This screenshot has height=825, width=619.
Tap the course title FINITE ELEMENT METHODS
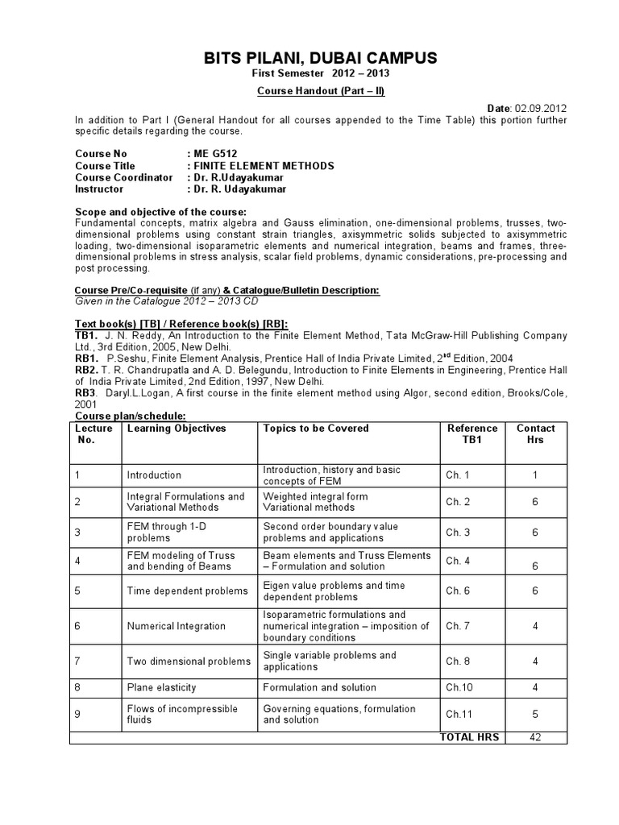click(263, 165)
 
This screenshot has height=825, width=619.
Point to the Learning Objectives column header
click(177, 429)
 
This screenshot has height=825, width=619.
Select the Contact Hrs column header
click(535, 434)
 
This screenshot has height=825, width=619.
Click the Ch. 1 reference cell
click(457, 475)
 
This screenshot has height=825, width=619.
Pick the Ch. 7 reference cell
click(457, 626)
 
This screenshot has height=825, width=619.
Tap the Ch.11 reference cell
click(457, 714)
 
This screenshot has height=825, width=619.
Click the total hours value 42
click(535, 737)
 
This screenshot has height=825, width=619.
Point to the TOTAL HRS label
click(469, 737)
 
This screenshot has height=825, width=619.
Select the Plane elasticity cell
click(160, 687)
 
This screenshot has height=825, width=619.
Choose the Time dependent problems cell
click(187, 591)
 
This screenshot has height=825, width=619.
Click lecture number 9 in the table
click(78, 714)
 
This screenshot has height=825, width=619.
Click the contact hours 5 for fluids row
click(535, 714)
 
